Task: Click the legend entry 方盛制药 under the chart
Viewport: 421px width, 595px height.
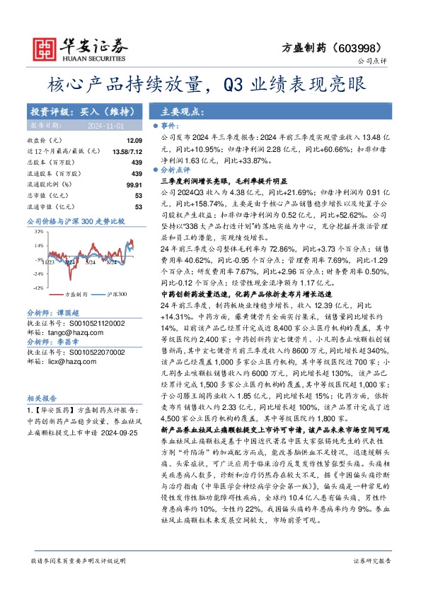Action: pyautogui.click(x=76, y=295)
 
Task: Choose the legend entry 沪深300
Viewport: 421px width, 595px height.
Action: pyautogui.click(x=117, y=295)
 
